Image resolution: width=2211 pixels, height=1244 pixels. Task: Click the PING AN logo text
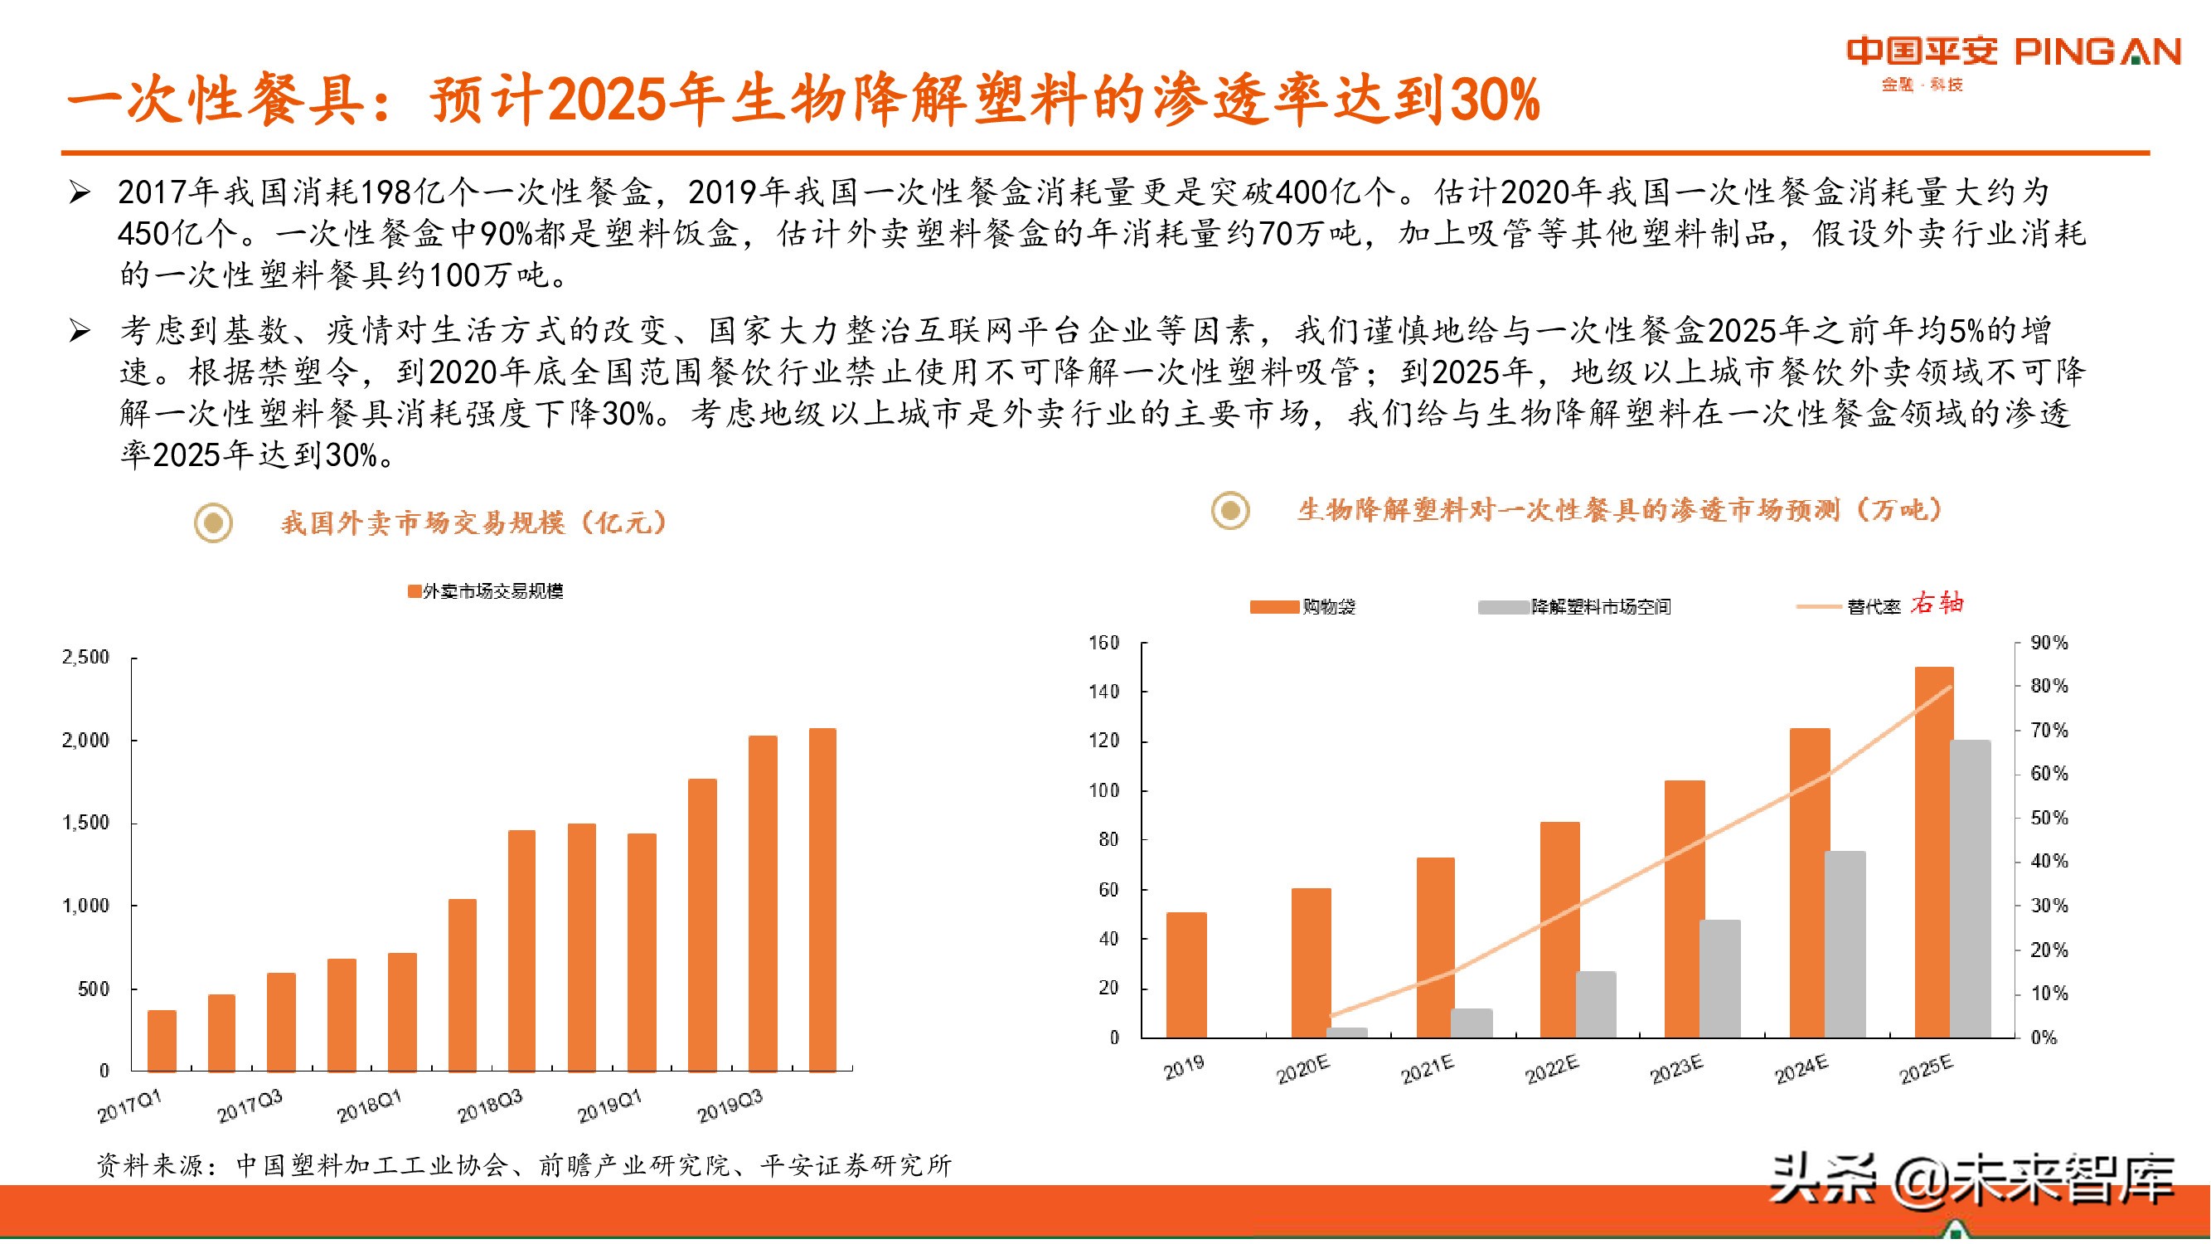tap(2097, 51)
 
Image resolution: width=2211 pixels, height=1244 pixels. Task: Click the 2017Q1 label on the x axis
tap(129, 1106)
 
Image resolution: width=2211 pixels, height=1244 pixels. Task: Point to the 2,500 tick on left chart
tap(86, 658)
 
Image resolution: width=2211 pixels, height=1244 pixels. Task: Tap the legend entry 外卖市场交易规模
tap(486, 590)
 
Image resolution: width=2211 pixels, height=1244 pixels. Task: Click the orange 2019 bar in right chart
tap(1186, 974)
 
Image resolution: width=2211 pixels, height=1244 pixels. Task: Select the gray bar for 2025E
tap(1970, 888)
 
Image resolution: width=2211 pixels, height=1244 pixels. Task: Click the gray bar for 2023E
tap(1720, 979)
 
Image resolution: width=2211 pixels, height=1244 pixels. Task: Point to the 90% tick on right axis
tap(2049, 643)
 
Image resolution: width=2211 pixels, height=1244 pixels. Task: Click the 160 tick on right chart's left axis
tap(1103, 643)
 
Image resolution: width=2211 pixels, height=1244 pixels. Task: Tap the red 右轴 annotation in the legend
tap(1937, 604)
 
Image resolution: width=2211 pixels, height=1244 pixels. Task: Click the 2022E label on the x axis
tap(1552, 1069)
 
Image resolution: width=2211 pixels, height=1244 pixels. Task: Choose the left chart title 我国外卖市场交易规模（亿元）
tap(474, 522)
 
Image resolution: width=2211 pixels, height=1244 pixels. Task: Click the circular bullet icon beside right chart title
tap(1231, 511)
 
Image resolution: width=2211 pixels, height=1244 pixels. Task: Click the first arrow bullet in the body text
tap(80, 192)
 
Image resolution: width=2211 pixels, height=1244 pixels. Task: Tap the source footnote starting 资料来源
tap(524, 1165)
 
